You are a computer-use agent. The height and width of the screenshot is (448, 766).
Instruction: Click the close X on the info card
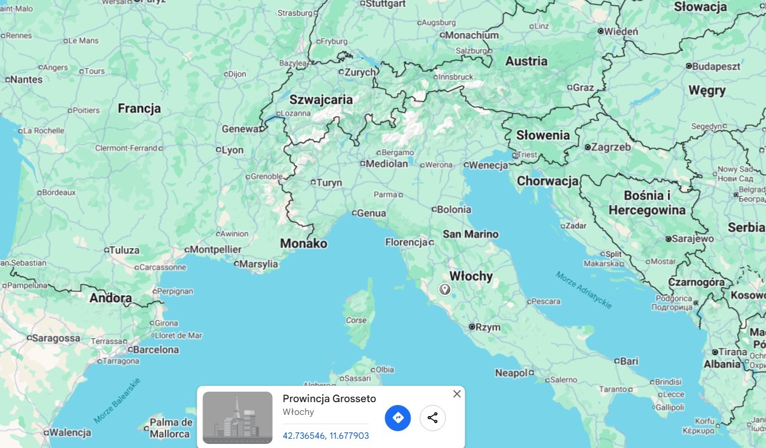457,394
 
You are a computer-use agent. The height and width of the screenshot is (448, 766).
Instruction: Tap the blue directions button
398,418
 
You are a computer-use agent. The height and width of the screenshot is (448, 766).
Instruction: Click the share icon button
433,418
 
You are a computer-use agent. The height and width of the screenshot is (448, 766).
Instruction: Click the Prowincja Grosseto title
329,399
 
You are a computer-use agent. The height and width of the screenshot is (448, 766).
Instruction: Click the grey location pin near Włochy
445,289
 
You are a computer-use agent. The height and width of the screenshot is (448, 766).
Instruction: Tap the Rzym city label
487,327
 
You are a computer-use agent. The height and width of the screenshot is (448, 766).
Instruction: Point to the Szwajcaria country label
321,100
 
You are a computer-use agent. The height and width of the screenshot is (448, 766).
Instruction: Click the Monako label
304,243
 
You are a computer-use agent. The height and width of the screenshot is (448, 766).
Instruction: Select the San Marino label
471,234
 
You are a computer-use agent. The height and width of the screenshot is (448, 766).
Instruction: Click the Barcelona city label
155,350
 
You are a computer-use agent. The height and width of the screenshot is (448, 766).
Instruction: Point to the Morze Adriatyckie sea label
583,289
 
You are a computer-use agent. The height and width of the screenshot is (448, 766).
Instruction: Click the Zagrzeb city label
611,148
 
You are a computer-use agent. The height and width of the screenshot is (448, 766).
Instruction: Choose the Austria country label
526,61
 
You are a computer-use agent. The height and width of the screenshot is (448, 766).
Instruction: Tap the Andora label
111,298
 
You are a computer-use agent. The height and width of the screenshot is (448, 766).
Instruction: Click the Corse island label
357,320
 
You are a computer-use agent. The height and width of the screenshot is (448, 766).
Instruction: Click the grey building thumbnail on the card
237,417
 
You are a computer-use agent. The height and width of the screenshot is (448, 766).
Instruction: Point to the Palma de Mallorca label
170,428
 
